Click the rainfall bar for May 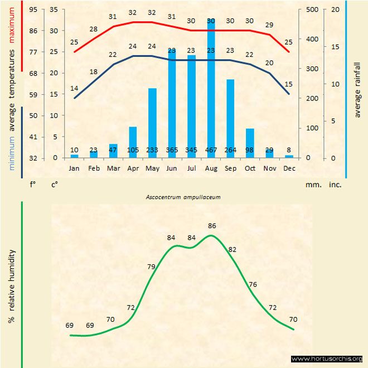[x=152, y=123]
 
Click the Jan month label [x=74, y=167]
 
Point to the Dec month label [x=289, y=167]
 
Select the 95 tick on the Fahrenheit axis [x=33, y=9]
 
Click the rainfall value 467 [x=211, y=150]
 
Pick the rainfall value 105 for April [x=133, y=150]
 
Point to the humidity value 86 [x=212, y=225]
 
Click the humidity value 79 [x=151, y=267]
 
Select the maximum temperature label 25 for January [x=74, y=42]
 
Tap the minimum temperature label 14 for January [x=74, y=88]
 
